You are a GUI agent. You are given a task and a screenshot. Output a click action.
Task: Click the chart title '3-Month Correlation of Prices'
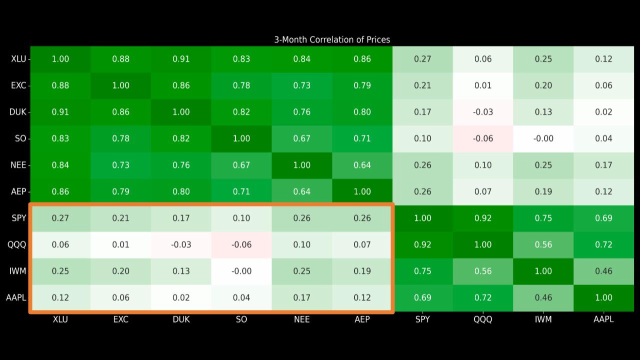coord(332,39)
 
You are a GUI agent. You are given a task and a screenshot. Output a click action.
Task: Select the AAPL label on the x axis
coord(603,319)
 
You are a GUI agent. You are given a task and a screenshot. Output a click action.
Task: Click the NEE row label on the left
coord(18,165)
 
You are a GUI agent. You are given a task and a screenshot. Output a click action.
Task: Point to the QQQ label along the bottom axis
coord(483,319)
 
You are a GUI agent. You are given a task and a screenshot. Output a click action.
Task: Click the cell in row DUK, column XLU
coord(60,112)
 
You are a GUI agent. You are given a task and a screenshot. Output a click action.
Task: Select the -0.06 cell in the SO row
coord(483,138)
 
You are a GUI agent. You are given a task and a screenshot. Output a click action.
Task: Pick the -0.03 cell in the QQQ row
coord(181,244)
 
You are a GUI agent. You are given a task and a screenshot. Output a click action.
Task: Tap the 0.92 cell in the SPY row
coord(483,218)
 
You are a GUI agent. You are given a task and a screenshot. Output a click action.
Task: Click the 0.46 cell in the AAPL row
coord(543,297)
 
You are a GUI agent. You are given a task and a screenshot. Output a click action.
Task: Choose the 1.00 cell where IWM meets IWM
coord(543,271)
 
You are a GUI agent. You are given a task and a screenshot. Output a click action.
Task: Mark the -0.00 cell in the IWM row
coord(241,271)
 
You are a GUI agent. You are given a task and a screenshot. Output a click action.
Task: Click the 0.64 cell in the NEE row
coord(362,165)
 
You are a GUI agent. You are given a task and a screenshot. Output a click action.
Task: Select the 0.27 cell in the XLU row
coord(422,59)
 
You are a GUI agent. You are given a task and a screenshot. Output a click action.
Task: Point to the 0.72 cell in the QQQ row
coord(603,244)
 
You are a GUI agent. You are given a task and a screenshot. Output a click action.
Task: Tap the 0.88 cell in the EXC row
coord(60,85)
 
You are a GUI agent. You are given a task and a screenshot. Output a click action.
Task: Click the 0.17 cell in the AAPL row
coord(302,297)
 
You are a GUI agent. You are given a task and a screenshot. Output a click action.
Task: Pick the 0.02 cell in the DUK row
coord(603,112)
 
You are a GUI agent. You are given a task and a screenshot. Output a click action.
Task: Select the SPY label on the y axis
coord(19,218)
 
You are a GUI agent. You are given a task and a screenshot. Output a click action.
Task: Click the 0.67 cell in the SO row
coord(302,138)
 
